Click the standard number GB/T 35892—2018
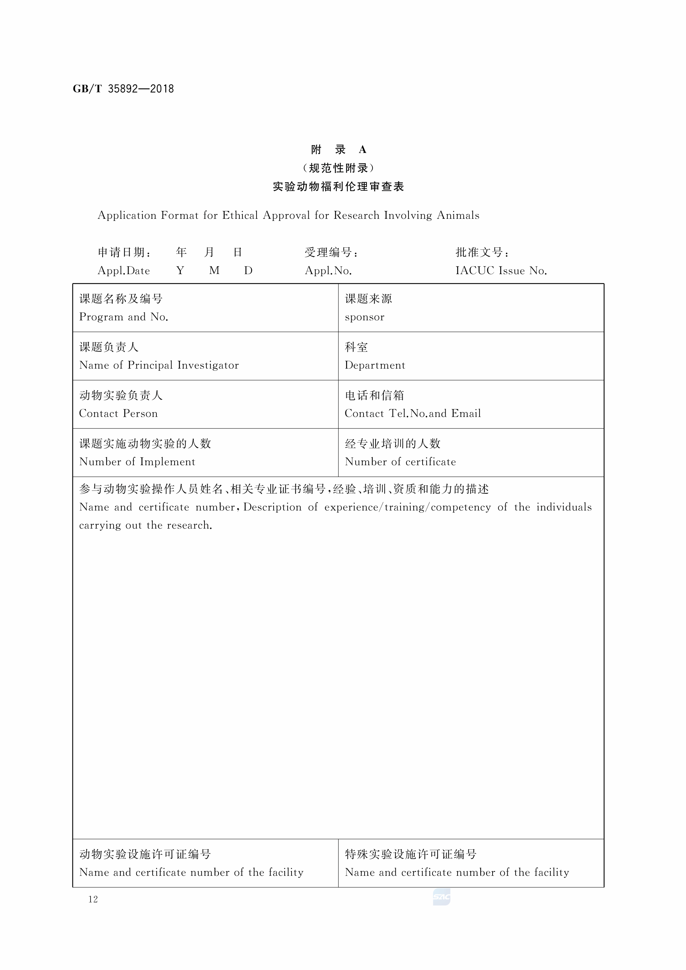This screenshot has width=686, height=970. tap(123, 89)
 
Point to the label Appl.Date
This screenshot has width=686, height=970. tap(124, 271)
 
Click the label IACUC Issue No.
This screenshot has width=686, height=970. tap(501, 271)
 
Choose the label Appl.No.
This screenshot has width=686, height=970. tap(328, 271)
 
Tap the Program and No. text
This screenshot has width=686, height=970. tap(124, 317)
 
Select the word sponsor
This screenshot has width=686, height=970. tap(365, 317)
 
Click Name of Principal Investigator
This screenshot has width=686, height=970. tap(159, 365)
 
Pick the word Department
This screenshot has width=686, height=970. tap(375, 365)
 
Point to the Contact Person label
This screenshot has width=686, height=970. tap(118, 414)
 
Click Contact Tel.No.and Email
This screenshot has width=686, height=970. tap(413, 414)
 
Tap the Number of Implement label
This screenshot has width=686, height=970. tap(137, 462)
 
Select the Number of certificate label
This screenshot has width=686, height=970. tap(400, 462)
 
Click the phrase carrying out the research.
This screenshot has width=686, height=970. tap(146, 525)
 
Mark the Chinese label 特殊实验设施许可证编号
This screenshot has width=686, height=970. tap(411, 854)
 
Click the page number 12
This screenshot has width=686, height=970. tap(93, 899)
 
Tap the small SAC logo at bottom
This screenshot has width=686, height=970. tap(441, 897)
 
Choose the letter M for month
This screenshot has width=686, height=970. tap(214, 271)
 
